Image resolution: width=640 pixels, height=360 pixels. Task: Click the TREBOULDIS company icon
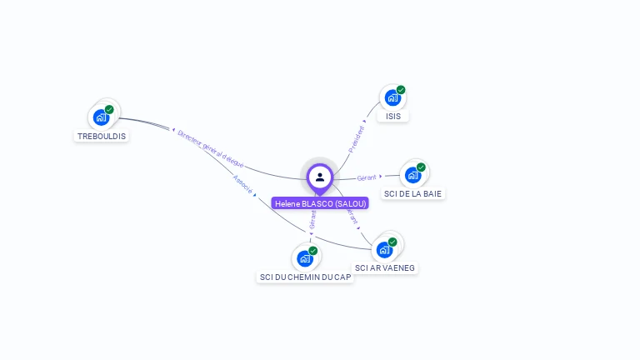click(102, 117)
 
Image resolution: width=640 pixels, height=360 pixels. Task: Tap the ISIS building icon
click(392, 97)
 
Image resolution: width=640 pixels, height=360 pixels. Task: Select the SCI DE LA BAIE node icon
click(412, 175)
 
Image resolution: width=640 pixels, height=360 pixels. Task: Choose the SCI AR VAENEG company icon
click(384, 249)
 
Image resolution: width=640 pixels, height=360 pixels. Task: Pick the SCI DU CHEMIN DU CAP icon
click(305, 258)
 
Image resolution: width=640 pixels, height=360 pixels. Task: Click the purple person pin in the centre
click(320, 177)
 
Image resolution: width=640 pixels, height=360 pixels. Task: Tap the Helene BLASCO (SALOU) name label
click(320, 203)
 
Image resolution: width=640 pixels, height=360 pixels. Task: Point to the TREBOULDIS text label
click(102, 136)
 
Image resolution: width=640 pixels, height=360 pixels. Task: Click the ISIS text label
click(393, 117)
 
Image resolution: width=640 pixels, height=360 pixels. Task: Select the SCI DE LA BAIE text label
click(413, 193)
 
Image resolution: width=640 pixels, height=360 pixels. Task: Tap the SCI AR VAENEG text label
click(385, 267)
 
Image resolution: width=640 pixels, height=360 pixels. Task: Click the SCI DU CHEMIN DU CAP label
click(306, 277)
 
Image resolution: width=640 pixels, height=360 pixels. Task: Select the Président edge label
click(356, 138)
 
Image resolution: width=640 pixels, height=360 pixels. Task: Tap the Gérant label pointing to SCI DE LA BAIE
click(367, 177)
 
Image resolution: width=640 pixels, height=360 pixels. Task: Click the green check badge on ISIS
click(401, 90)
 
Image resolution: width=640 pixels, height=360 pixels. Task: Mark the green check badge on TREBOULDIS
click(109, 109)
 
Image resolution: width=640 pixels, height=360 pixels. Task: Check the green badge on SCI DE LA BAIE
click(421, 167)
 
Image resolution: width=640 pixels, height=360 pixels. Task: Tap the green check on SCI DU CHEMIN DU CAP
click(313, 251)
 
